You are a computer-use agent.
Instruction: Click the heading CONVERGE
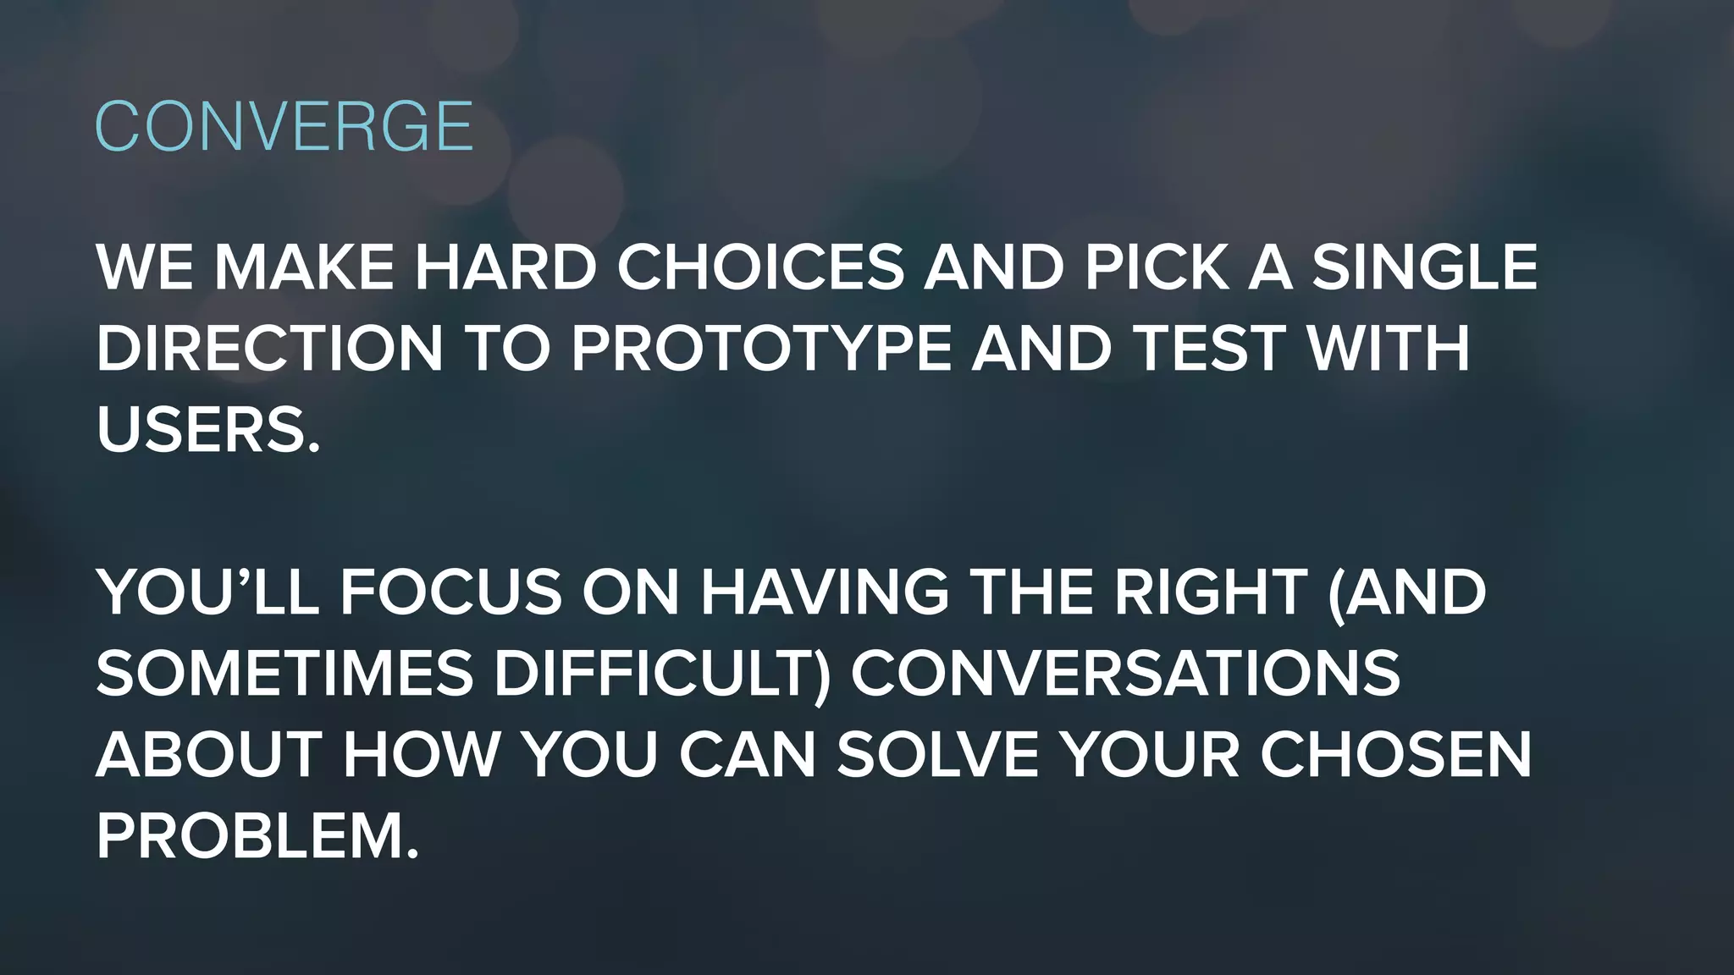284,127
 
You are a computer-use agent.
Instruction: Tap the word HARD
505,268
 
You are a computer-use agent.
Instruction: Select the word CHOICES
760,268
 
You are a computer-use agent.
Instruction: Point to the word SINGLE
1424,268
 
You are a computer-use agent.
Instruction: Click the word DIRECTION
270,349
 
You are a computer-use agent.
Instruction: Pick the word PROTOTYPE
761,349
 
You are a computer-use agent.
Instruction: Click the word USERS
208,430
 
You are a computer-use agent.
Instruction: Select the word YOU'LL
208,592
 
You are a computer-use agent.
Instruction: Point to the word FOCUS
451,592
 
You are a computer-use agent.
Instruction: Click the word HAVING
825,592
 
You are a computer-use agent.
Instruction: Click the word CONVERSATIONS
1125,673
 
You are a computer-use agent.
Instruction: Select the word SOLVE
937,754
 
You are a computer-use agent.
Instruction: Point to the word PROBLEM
257,835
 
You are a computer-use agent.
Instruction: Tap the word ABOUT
207,754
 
